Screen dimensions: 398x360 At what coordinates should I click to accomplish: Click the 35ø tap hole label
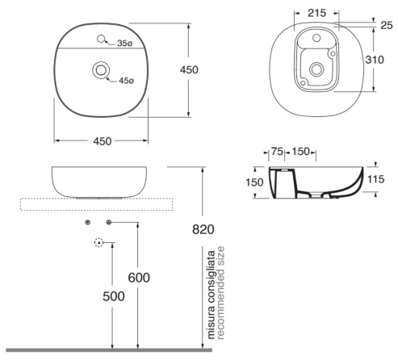tap(125, 43)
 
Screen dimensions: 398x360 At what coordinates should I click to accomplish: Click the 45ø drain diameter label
tap(126, 81)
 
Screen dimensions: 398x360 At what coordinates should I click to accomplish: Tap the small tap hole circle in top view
tap(101, 39)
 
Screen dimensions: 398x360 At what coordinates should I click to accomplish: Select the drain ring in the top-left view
tap(101, 70)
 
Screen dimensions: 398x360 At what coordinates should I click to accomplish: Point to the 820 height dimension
tap(203, 229)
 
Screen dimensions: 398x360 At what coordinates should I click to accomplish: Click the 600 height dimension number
tap(139, 278)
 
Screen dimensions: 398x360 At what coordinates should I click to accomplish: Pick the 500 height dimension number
tap(114, 296)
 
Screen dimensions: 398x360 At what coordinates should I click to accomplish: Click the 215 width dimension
tap(316, 13)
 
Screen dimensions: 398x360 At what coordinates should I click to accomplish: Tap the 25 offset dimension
tap(387, 25)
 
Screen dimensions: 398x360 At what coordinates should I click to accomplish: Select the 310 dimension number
tap(375, 60)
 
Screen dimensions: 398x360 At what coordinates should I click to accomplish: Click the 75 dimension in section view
tap(277, 152)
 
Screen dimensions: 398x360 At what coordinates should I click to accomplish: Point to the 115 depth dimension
tap(375, 179)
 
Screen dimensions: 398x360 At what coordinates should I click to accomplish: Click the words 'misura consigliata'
tap(212, 295)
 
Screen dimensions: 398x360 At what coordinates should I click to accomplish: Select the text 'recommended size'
tap(220, 293)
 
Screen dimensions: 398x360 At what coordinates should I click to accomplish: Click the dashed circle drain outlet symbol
tap(99, 243)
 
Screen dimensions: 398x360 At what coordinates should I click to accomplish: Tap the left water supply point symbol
tap(87, 222)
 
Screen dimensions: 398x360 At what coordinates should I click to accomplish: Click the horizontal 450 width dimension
tap(103, 141)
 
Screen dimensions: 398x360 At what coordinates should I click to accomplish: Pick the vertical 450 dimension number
tap(189, 70)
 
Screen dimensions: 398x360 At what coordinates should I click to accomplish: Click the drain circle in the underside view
tap(316, 69)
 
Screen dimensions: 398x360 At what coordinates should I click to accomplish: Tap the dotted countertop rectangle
tap(97, 204)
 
